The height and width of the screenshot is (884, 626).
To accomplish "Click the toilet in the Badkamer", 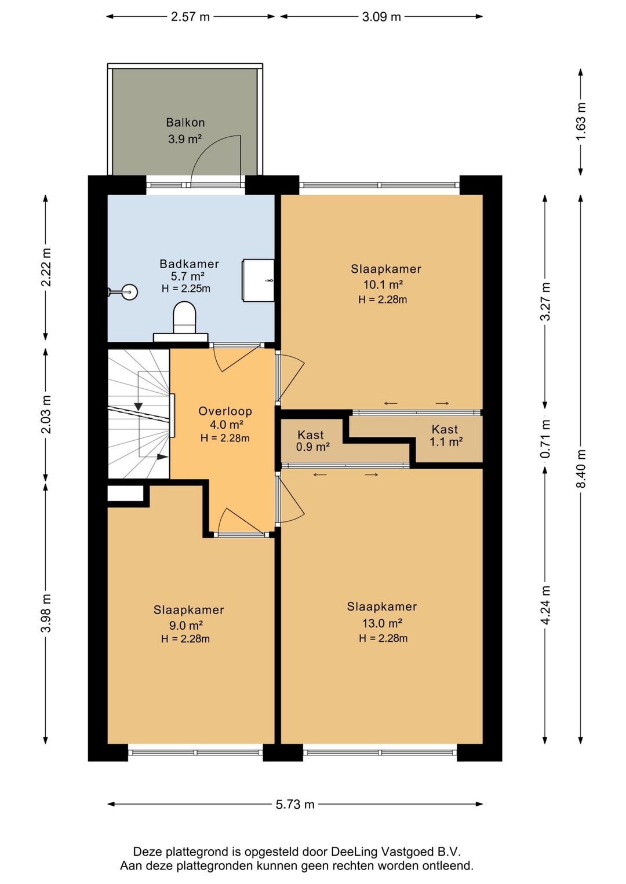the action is (x=185, y=317).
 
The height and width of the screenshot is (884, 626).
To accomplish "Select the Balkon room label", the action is (x=185, y=122).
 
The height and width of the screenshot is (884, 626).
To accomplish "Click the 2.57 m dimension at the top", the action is (x=190, y=17).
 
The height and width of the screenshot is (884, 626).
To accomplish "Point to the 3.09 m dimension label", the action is (x=381, y=17).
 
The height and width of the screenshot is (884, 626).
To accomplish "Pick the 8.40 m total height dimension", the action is (x=581, y=469).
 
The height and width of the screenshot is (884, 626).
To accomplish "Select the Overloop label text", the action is (x=225, y=411).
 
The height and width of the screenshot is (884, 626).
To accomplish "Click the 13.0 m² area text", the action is (x=383, y=623).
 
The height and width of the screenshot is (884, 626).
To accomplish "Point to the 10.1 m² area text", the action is (x=383, y=284).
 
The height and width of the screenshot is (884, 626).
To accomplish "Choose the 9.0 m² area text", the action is (x=186, y=626).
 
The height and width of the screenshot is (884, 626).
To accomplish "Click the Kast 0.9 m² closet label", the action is (x=312, y=441).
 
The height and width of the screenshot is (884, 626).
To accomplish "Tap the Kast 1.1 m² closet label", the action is (x=446, y=435).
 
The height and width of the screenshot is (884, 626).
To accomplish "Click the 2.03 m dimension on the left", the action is (x=46, y=414).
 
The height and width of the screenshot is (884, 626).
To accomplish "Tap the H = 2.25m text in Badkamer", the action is (x=185, y=288).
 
